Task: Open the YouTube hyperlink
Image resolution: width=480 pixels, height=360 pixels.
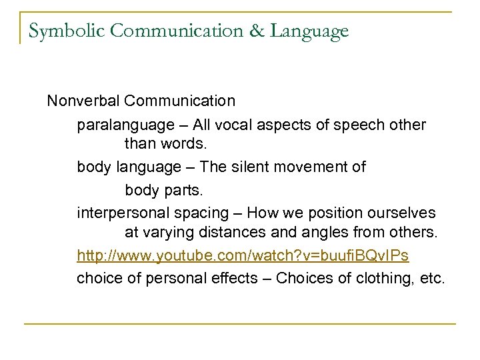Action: click(x=243, y=256)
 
